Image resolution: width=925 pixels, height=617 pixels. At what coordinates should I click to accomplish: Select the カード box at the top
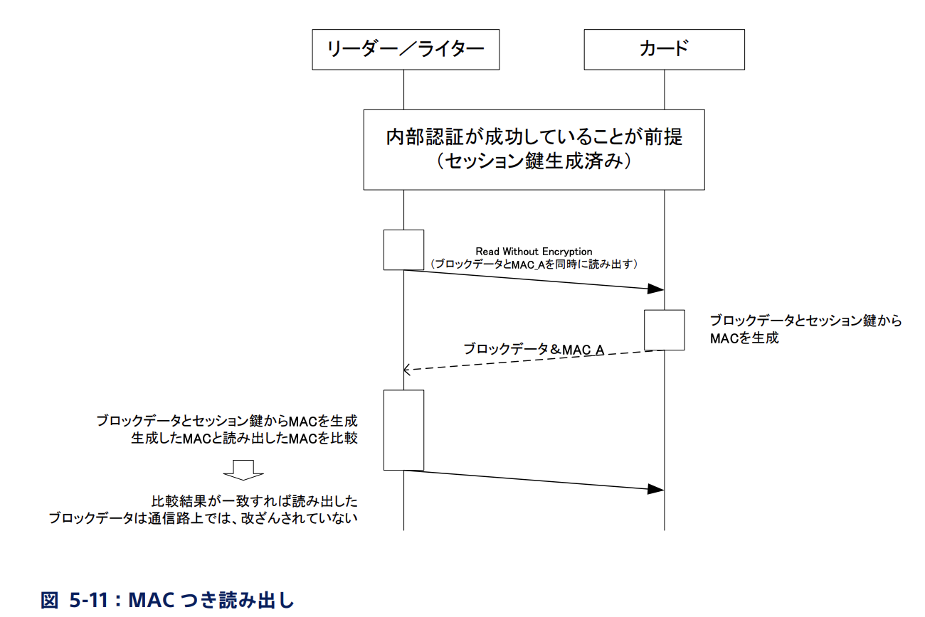[x=664, y=49]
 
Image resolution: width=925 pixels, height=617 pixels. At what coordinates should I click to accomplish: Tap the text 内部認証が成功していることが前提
[x=534, y=136]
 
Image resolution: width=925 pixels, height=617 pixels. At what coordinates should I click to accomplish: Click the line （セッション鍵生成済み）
[x=534, y=162]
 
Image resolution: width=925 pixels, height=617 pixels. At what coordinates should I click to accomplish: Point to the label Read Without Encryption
[x=534, y=252]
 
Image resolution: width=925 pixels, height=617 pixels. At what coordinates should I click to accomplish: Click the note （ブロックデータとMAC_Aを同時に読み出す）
[x=534, y=263]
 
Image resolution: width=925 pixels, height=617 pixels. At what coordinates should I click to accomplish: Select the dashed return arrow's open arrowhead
[x=407, y=369]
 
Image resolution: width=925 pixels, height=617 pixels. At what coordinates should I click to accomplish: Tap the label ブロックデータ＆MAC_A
[x=534, y=349]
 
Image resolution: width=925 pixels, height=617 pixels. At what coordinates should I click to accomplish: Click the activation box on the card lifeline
[x=665, y=330]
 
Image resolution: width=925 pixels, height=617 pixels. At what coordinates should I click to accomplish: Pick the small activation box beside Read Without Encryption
[x=403, y=250]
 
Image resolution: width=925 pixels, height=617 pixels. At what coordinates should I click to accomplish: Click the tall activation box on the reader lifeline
[x=403, y=429]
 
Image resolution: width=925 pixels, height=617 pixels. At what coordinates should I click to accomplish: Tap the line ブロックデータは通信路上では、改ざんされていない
[x=203, y=517]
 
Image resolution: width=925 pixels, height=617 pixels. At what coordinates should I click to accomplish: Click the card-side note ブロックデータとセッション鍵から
[x=805, y=321]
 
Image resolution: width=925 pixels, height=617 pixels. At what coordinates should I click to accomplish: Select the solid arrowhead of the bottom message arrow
[x=656, y=489]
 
